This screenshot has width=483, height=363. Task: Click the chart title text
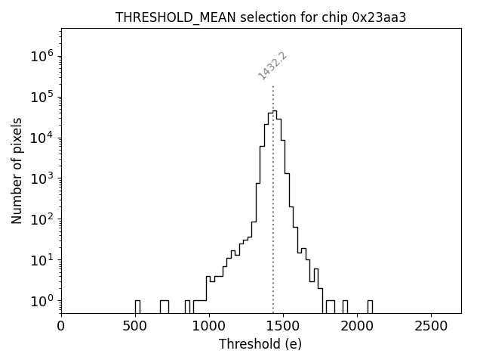pyautogui.click(x=260, y=17)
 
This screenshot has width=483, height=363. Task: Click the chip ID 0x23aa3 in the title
pyautogui.click(x=379, y=17)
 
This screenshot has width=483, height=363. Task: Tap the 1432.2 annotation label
pyautogui.click(x=272, y=66)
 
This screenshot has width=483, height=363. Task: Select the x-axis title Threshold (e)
pyautogui.click(x=260, y=344)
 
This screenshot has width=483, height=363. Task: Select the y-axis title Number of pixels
pyautogui.click(x=17, y=170)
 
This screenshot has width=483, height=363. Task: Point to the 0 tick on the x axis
pyautogui.click(x=61, y=326)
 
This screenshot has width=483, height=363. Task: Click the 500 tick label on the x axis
pyautogui.click(x=135, y=326)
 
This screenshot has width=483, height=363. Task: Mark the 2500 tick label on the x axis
pyautogui.click(x=431, y=326)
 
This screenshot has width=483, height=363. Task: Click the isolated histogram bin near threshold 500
pyautogui.click(x=137, y=306)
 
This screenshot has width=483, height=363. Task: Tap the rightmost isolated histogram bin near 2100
pyautogui.click(x=370, y=306)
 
